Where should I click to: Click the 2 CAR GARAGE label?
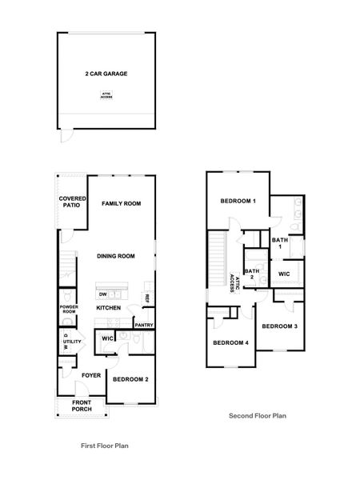pos(106,74)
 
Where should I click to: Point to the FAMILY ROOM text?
pos(122,204)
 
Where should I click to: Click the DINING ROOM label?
pos(115,256)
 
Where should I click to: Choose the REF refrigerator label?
pos(147,298)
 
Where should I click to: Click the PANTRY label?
pos(144,325)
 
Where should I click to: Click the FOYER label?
pos(90,374)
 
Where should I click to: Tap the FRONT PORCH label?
pos(82,406)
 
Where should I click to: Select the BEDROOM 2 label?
pos(130,378)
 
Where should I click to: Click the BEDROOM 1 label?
pos(238,201)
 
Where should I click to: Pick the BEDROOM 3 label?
pos(280,326)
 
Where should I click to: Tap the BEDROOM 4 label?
pos(230,343)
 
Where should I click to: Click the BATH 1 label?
pos(279,242)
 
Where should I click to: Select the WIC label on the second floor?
pos(284,274)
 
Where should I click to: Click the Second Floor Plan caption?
pos(258,416)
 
